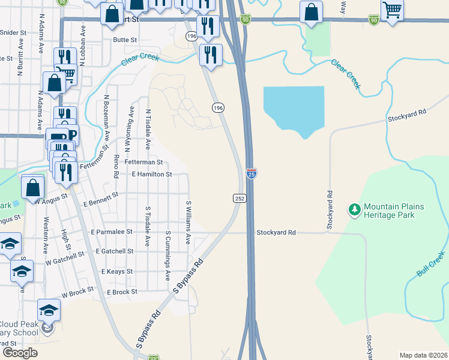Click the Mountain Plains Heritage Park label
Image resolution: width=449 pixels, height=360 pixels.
click(x=394, y=211)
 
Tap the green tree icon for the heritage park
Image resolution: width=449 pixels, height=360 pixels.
click(x=355, y=209)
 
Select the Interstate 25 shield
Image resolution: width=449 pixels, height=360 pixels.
click(x=252, y=173)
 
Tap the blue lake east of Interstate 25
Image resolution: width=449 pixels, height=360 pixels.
click(x=294, y=108)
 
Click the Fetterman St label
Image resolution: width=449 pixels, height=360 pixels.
click(x=143, y=162)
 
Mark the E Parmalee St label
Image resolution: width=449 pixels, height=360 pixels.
click(x=112, y=232)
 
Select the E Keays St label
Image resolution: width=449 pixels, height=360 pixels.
click(x=117, y=272)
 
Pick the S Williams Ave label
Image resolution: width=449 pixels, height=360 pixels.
click(x=188, y=222)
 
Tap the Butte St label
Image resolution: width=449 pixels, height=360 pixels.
click(x=125, y=40)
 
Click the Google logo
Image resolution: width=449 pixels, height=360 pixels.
click(x=20, y=353)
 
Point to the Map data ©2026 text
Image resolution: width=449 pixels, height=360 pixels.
click(x=423, y=355)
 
